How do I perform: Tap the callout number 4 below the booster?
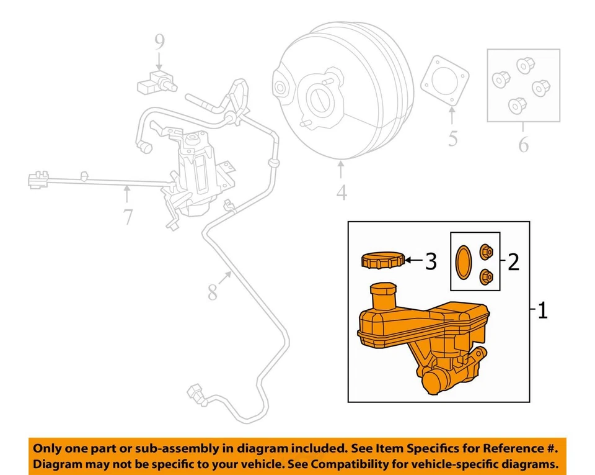[x=342, y=193]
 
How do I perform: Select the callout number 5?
[x=453, y=139]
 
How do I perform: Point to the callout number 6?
[x=524, y=145]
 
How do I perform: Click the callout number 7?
[x=128, y=217]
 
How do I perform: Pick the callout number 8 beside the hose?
[x=213, y=291]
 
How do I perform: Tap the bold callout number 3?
[x=431, y=262]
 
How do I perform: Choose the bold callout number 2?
[x=513, y=262]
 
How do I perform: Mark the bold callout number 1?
[x=542, y=310]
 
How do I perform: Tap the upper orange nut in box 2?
[x=487, y=251]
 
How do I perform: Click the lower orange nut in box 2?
[x=487, y=276]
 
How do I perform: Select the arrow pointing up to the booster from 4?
[x=341, y=169]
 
